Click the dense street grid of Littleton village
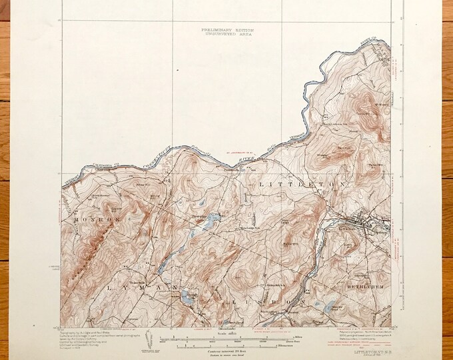pyautogui.click(x=360, y=224)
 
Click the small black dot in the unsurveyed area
pyautogui.click(x=178, y=69)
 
